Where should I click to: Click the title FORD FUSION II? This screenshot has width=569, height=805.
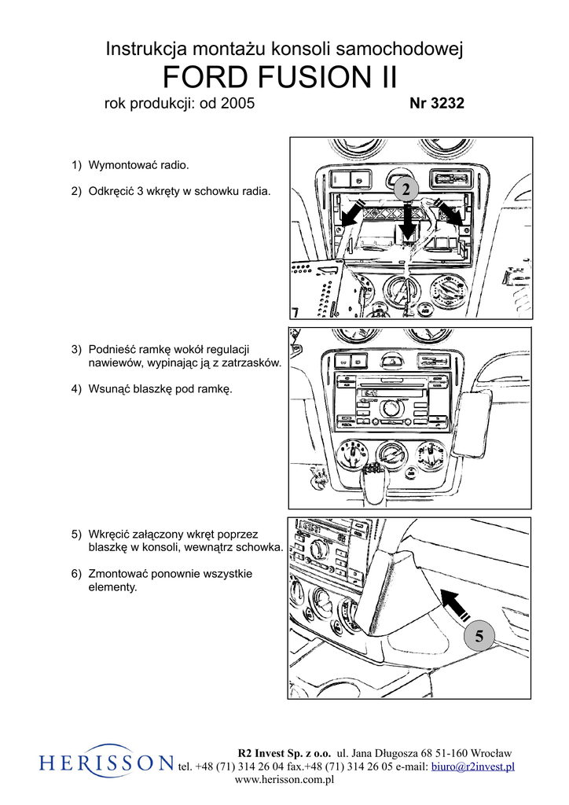(280, 79)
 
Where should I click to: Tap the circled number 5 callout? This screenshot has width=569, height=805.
(479, 635)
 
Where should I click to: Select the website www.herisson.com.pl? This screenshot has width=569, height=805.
(284, 780)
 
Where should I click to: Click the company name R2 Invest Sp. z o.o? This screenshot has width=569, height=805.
(284, 753)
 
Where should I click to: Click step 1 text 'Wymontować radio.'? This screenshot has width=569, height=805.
(138, 166)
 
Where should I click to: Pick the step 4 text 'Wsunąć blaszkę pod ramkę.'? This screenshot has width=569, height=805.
(160, 389)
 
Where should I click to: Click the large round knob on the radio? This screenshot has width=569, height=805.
(387, 408)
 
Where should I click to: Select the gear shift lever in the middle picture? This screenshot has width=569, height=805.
(373, 481)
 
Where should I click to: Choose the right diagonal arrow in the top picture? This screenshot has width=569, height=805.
(451, 214)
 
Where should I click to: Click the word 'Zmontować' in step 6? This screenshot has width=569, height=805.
(117, 573)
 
